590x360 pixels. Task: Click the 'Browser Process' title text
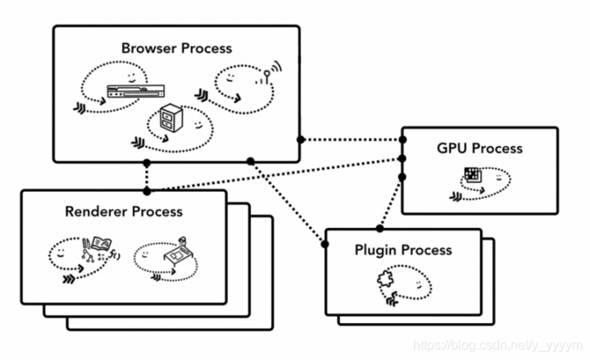(x=176, y=48)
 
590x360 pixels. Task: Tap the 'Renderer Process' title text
(x=124, y=212)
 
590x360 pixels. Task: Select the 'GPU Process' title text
(x=479, y=148)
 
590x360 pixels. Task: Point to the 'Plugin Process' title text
(x=402, y=249)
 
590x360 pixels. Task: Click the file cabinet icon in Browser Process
(x=172, y=120)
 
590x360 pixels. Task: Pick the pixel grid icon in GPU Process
(x=472, y=174)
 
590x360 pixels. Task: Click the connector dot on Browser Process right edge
(x=301, y=139)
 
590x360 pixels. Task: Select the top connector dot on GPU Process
(x=402, y=140)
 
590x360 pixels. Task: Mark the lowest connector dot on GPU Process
(x=402, y=176)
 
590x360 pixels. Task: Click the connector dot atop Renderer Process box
(x=147, y=191)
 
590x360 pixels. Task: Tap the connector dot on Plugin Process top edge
(x=379, y=228)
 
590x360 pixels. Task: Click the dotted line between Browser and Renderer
(x=147, y=176)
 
